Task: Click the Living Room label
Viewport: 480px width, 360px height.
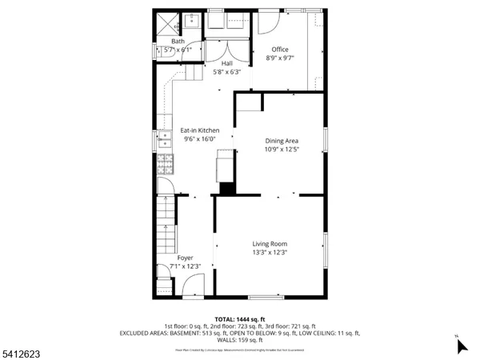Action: [x=270, y=244]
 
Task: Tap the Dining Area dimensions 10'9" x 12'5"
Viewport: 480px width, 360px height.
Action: [x=282, y=149]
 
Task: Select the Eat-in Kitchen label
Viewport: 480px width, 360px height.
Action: [x=199, y=130]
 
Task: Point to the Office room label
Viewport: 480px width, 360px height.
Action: [x=280, y=50]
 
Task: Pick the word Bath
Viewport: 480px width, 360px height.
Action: [x=177, y=41]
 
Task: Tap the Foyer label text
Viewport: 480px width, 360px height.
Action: [x=185, y=258]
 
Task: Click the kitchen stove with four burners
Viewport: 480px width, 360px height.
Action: [x=165, y=165]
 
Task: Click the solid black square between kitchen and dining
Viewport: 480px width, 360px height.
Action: [x=228, y=189]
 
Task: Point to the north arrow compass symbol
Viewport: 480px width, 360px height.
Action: [x=461, y=346]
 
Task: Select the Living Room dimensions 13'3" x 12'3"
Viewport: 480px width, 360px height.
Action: [x=270, y=253]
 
